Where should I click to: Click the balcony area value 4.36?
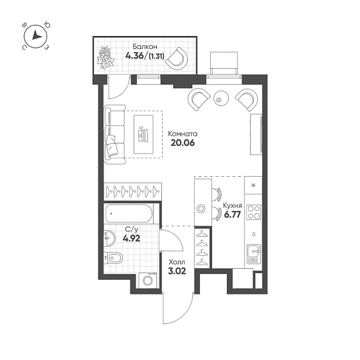(x=134, y=55)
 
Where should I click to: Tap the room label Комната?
(x=183, y=134)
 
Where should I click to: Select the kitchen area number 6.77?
(x=232, y=215)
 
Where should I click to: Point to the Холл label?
(x=177, y=262)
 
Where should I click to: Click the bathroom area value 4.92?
(x=131, y=239)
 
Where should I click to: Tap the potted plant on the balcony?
(x=105, y=57)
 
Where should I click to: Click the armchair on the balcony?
(x=176, y=59)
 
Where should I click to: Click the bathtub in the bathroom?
(x=129, y=213)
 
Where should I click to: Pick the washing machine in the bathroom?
(x=148, y=280)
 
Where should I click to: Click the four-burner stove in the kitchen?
(x=253, y=212)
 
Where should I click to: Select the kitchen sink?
(x=254, y=254)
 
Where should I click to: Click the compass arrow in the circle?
(x=36, y=35)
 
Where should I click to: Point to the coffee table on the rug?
(x=144, y=134)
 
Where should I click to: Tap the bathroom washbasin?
(x=109, y=239)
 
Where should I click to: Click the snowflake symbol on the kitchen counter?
(x=253, y=185)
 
